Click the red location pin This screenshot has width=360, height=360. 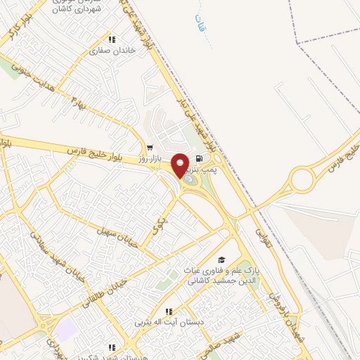(181, 165)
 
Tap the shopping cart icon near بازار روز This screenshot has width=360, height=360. (150, 148)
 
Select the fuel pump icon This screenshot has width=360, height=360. (200, 159)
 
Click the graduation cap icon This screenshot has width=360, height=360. (222, 261)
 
